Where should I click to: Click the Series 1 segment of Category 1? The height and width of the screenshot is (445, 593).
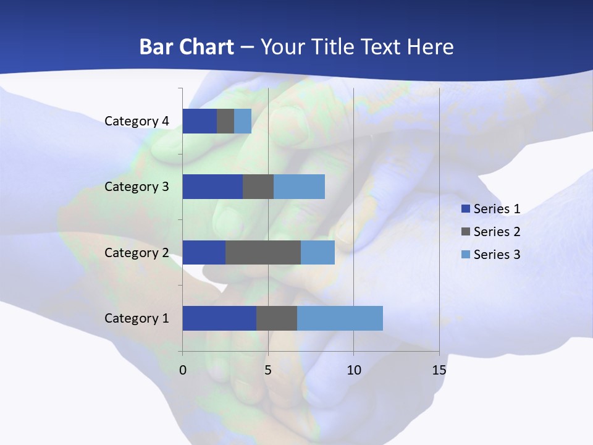click(219, 318)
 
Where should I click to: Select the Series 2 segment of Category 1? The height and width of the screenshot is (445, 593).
click(277, 318)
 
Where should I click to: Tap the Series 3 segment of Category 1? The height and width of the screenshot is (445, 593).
click(340, 318)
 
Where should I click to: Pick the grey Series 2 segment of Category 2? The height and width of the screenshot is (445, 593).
click(263, 252)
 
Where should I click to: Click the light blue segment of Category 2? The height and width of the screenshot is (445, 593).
click(318, 252)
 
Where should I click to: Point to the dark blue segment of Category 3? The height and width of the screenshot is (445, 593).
click(212, 187)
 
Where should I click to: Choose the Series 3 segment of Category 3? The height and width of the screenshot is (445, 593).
click(299, 187)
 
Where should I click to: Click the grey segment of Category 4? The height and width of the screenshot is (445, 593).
click(225, 121)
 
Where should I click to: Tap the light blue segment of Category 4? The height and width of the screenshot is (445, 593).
click(243, 121)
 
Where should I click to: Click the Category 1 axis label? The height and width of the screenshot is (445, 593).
click(137, 318)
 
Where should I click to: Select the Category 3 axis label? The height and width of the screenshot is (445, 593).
click(137, 187)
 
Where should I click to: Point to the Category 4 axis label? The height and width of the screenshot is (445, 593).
click(137, 121)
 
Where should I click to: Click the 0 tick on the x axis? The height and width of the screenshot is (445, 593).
click(183, 370)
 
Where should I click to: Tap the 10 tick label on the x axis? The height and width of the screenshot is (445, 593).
click(354, 370)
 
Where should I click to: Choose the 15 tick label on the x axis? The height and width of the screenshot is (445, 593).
click(439, 370)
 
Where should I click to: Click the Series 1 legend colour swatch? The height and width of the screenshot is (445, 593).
click(466, 209)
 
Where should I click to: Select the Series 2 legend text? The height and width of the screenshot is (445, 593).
click(497, 232)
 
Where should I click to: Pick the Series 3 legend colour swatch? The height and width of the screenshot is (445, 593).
click(466, 255)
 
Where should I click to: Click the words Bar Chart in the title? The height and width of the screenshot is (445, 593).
click(187, 47)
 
